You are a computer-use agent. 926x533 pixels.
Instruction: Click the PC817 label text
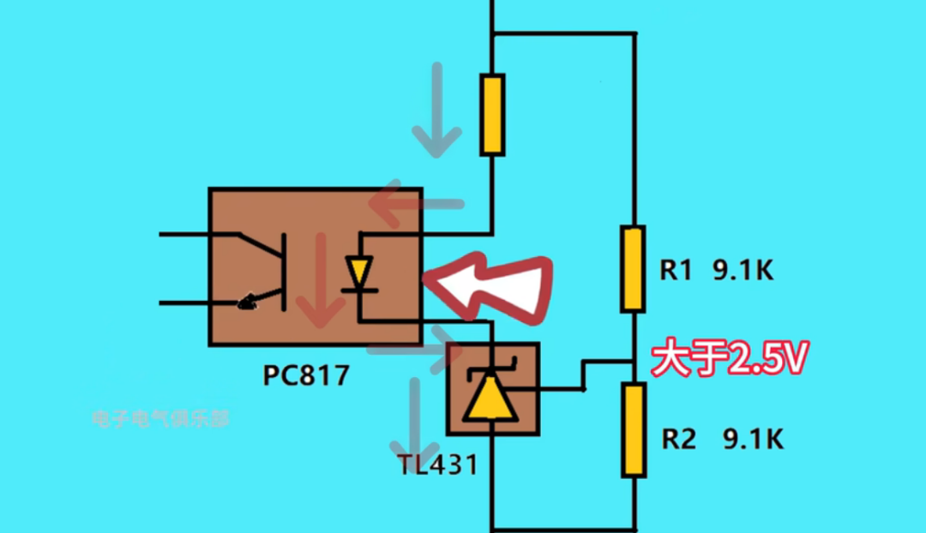click(306, 375)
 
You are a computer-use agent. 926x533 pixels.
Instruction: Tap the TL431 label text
click(437, 465)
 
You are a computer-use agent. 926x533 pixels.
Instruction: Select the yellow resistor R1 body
click(634, 268)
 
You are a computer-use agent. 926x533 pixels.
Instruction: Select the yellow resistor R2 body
click(634, 429)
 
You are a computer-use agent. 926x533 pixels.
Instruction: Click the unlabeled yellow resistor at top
click(491, 114)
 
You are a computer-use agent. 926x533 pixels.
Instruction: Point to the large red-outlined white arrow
click(493, 288)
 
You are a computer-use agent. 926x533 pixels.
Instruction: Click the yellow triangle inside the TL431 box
click(490, 396)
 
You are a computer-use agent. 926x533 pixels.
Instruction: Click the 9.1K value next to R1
click(743, 271)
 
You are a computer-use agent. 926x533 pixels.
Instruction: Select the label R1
click(676, 271)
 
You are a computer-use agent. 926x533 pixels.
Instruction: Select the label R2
click(678, 440)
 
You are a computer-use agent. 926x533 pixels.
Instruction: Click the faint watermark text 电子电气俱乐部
click(160, 419)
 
